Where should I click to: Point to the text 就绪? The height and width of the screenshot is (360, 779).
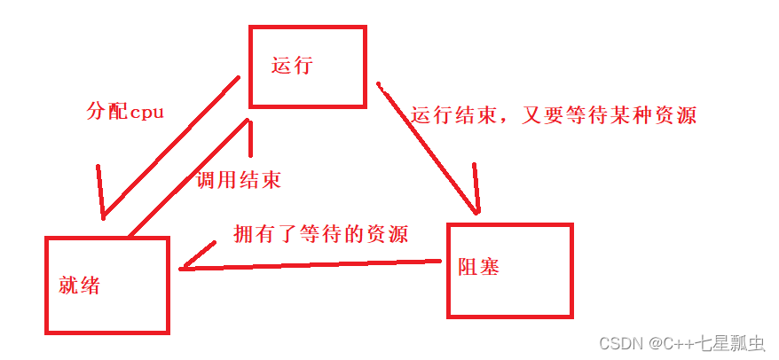click(x=79, y=286)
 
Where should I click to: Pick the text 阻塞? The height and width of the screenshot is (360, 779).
click(x=478, y=265)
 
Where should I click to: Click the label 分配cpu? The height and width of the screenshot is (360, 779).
click(x=125, y=113)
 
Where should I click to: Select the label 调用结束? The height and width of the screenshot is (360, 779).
click(x=238, y=180)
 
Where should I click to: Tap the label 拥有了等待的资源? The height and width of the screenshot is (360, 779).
click(x=320, y=234)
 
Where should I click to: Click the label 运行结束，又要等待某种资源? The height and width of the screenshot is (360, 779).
click(x=554, y=115)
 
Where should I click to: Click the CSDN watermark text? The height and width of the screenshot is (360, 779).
click(x=619, y=343)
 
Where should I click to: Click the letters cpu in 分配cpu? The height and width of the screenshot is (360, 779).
click(x=146, y=113)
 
